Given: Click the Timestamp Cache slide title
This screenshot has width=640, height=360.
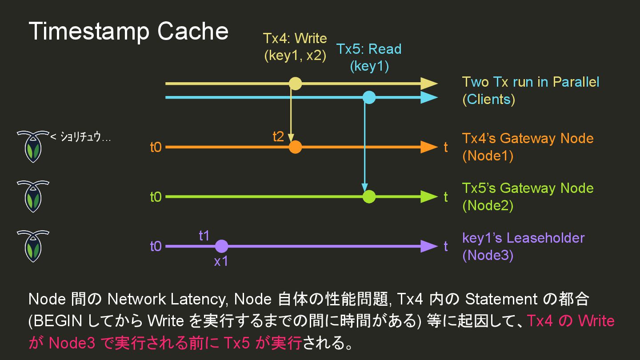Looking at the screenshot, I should (x=128, y=32).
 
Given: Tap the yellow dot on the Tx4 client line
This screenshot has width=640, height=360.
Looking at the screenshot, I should (x=295, y=84).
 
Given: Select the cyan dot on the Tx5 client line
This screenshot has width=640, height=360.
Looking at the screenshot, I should (x=369, y=97).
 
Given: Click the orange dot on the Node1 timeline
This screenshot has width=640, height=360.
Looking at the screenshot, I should (x=295, y=147).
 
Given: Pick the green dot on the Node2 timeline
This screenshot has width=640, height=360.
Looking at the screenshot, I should (x=369, y=196).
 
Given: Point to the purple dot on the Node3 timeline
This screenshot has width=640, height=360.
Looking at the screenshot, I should (x=221, y=246).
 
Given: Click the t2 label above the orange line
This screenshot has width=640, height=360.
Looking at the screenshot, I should (x=278, y=136).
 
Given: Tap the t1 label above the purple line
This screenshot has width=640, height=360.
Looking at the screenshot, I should (x=204, y=236).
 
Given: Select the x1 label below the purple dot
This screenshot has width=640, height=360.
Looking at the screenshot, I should (x=221, y=261).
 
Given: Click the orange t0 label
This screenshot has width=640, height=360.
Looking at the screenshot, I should (x=156, y=147).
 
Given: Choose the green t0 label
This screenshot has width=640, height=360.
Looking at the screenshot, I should (x=156, y=196).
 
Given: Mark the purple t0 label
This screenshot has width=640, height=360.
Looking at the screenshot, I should (x=156, y=246).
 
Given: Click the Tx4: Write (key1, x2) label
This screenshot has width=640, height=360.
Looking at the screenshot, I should (x=295, y=47).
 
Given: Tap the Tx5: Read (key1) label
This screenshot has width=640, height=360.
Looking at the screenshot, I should (x=369, y=57).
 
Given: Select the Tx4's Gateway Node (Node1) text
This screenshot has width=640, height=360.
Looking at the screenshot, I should (x=528, y=147).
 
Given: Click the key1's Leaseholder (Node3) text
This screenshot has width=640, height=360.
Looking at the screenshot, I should (x=523, y=246).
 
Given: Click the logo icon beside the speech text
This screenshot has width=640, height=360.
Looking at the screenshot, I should (x=33, y=146).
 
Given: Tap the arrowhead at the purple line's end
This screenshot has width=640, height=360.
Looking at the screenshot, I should (x=429, y=246).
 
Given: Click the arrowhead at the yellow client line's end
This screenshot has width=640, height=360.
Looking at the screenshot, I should (x=429, y=84).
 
